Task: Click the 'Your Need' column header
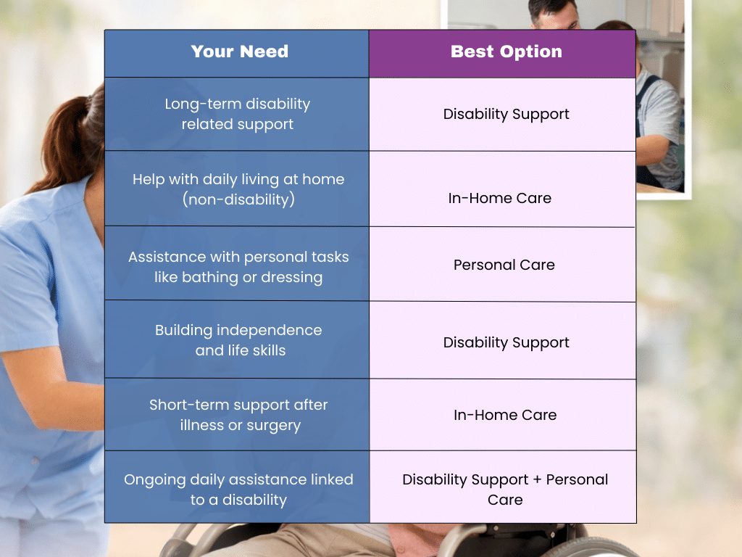[239, 51]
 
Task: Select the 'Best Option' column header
[506, 51]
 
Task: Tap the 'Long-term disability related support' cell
[238, 114]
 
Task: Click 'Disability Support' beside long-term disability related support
[506, 114]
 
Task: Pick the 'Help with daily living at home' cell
[238, 189]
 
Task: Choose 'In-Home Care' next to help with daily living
[499, 198]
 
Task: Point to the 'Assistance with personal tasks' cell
[238, 266]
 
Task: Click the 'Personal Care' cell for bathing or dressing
[504, 265]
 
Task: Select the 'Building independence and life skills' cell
[238, 339]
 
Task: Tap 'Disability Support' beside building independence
[506, 342]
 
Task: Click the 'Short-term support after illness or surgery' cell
[238, 414]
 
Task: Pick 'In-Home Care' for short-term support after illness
[504, 415]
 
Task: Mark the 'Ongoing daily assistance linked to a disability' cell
[238, 489]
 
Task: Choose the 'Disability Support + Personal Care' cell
[504, 489]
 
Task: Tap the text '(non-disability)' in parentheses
[238, 199]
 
